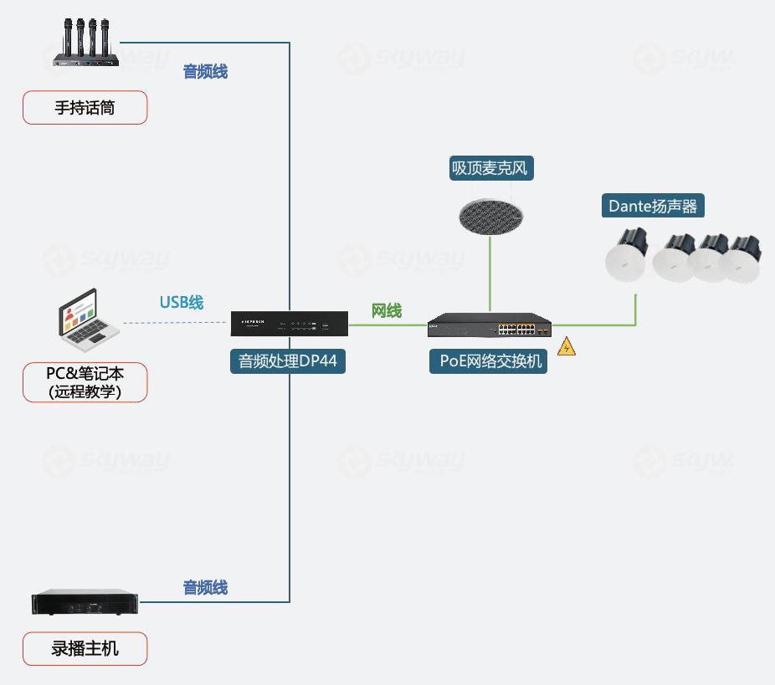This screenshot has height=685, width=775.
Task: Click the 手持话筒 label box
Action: pos(85,108)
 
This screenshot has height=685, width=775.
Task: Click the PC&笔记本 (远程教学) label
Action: pos(85,382)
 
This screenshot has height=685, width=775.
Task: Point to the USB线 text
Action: pos(182,302)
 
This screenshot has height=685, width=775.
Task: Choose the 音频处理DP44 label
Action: pos(288,361)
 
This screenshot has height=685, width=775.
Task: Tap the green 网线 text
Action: pos(387,311)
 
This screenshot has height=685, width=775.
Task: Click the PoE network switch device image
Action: pos(490,325)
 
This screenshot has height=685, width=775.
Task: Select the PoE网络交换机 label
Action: pos(490,361)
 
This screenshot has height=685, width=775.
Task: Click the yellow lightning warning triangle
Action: pos(567,346)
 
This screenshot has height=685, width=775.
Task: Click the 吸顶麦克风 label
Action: pos(490,168)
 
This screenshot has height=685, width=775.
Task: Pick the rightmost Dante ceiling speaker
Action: pos(744,257)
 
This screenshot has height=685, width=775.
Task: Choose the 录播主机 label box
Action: pos(85,649)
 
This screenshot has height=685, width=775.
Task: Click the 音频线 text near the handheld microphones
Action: pos(205,72)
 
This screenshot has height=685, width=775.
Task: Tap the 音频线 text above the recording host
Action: pos(205,587)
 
